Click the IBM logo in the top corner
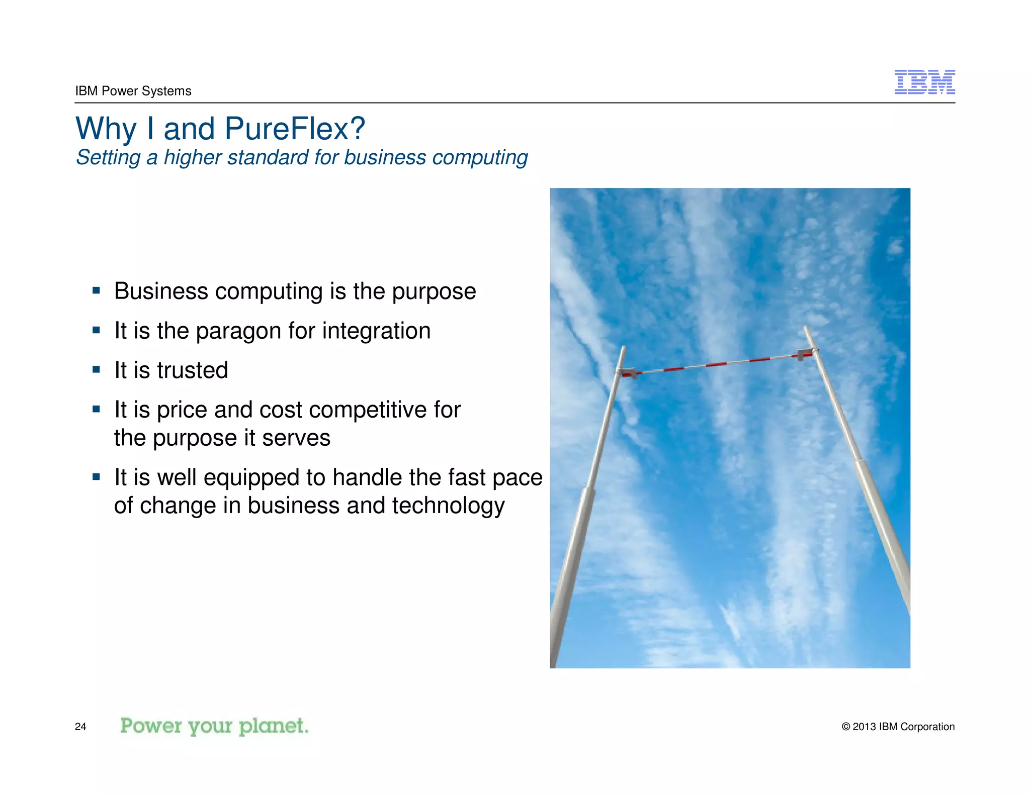924,82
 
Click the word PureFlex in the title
295,129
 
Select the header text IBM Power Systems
133,91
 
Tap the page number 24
80,727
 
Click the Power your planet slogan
214,726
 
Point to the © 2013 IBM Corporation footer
898,727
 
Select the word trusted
193,370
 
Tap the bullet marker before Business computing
96,290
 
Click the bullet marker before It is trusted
96,370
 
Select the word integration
376,331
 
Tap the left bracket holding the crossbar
628,373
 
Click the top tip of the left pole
624,347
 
